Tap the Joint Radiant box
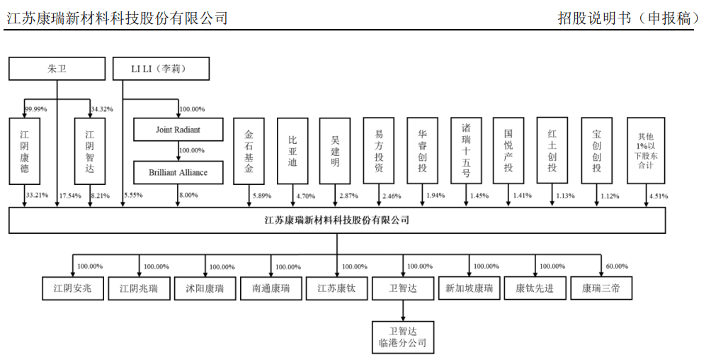(x=178, y=130)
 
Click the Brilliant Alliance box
(x=178, y=172)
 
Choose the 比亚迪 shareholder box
(x=292, y=151)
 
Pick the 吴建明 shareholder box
(x=335, y=151)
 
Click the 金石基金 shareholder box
(x=249, y=151)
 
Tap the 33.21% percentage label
(x=36, y=195)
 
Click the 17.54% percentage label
(x=72, y=195)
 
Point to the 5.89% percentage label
(x=262, y=196)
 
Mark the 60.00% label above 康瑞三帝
(x=617, y=266)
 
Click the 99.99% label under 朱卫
(x=36, y=109)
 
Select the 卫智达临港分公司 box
(x=403, y=337)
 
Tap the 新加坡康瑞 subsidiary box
(x=469, y=288)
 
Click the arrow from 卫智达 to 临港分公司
(x=403, y=310)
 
